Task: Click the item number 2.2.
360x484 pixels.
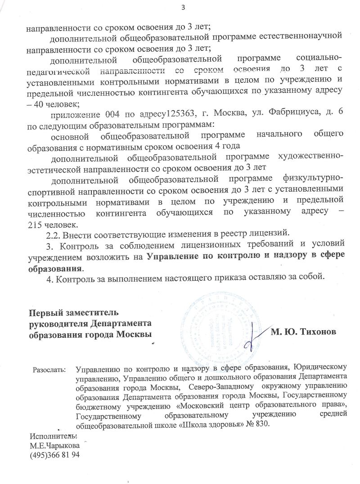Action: click(54, 234)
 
